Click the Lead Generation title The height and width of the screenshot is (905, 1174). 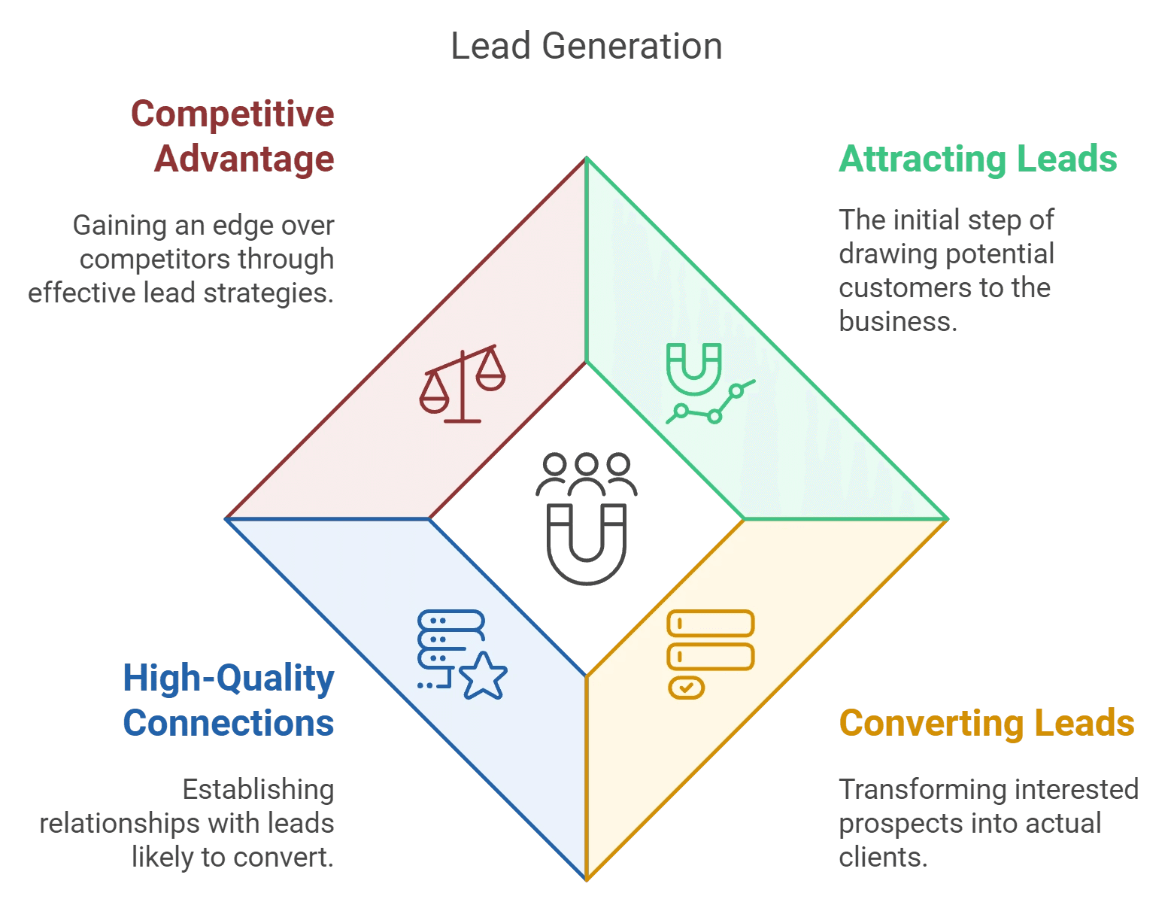[587, 47]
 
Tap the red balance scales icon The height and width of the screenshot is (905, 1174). [463, 384]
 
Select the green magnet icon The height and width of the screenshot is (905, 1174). [693, 369]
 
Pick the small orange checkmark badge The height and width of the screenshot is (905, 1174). [686, 688]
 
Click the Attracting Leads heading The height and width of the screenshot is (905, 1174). [978, 159]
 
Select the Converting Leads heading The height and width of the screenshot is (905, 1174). [986, 724]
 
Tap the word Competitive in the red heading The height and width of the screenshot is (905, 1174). [232, 114]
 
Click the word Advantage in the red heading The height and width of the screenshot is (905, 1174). [244, 159]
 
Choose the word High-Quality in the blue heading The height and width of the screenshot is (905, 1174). [229, 679]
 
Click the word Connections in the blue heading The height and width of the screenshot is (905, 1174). [229, 724]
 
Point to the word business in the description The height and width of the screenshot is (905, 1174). [897, 322]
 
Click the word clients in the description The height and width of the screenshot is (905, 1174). [882, 857]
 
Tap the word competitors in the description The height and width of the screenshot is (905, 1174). [155, 260]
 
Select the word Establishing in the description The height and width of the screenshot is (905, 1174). [258, 790]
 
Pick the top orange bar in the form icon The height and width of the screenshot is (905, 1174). [711, 624]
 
